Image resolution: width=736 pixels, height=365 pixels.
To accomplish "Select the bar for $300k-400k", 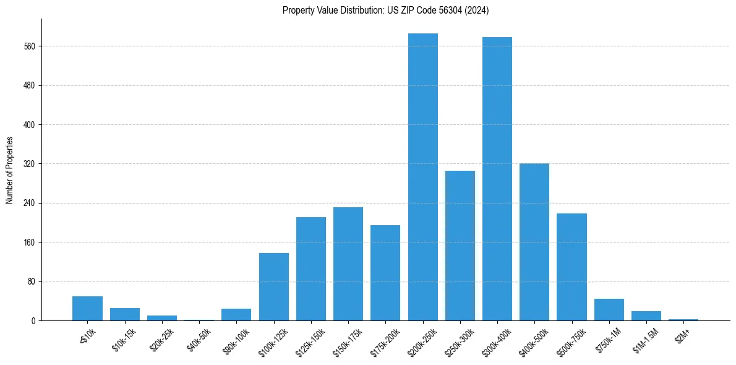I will pyautogui.click(x=497, y=179).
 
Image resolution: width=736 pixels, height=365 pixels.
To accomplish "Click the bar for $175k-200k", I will pyautogui.click(x=385, y=273).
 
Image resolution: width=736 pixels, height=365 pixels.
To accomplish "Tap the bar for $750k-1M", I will pyautogui.click(x=609, y=309).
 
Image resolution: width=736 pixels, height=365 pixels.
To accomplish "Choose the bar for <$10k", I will pyautogui.click(x=87, y=308).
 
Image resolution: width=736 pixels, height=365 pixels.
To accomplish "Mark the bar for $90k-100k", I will pyautogui.click(x=236, y=314).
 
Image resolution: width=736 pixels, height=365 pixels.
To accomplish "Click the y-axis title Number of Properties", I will pyautogui.click(x=10, y=170).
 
